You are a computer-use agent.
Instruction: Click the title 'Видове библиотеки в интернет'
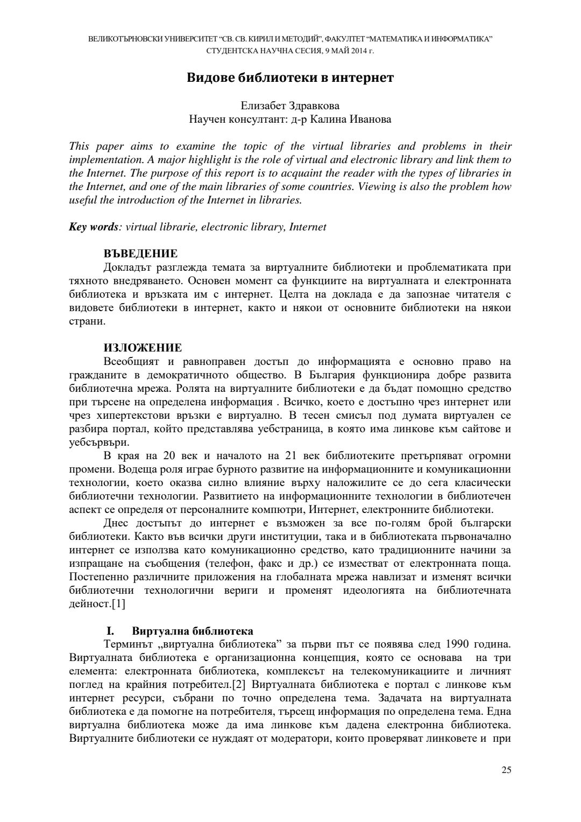[290, 78]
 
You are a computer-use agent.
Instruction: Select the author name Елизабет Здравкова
[290, 106]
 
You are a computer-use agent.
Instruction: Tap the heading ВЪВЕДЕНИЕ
[140, 254]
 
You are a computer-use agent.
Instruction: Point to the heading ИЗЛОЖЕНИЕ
[143, 348]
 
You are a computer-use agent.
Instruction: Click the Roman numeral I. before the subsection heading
[111, 631]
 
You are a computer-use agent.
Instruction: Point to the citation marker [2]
[239, 685]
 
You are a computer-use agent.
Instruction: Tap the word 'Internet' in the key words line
[308, 227]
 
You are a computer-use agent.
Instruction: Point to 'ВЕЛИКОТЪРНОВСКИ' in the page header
[119, 39]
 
